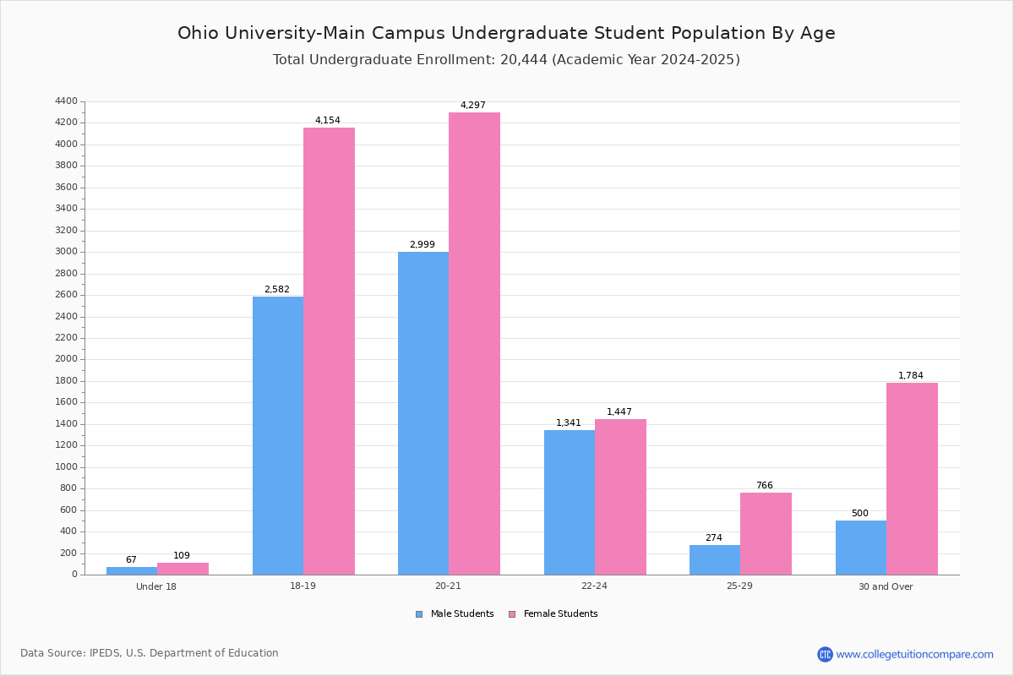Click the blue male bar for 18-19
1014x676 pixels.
pos(278,435)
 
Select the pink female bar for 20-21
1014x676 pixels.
pos(474,344)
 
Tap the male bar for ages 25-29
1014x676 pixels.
pos(715,560)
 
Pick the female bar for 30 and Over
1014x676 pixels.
pos(912,479)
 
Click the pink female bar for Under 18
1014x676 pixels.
pos(183,569)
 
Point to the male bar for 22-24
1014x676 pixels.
pos(570,503)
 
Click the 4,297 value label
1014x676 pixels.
pos(473,105)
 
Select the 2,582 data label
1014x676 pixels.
pos(277,289)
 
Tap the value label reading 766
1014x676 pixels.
pos(765,485)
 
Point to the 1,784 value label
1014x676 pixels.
pos(910,375)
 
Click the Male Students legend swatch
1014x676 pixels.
pos(419,614)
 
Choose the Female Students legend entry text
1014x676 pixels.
pos(560,613)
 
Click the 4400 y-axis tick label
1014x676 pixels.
pos(66,101)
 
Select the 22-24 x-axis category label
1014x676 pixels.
pos(594,586)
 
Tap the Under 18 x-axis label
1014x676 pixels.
pos(156,586)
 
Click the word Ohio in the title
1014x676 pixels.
pos(198,33)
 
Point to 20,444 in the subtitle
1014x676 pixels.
pos(524,60)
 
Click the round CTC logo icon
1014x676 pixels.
pos(825,654)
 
